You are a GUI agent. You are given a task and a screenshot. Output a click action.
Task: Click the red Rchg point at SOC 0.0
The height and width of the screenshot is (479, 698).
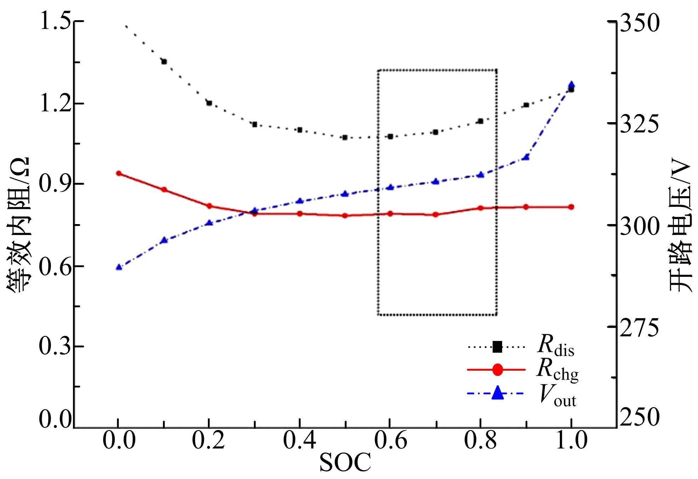(x=119, y=173)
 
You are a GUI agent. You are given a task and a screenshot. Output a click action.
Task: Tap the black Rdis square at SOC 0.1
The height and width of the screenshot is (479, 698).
(x=164, y=62)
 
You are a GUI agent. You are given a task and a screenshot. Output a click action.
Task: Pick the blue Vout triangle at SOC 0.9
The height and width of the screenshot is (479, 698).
(x=526, y=157)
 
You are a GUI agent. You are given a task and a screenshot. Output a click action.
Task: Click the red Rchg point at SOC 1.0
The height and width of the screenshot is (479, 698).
(x=571, y=207)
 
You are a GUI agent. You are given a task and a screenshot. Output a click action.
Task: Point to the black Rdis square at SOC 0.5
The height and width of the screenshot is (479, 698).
(x=345, y=137)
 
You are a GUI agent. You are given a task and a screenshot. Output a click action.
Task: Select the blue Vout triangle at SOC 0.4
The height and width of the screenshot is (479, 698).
(x=300, y=201)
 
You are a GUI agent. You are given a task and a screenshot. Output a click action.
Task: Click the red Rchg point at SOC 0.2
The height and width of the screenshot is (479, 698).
(x=209, y=206)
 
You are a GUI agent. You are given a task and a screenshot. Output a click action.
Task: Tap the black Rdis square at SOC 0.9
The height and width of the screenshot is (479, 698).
(x=526, y=105)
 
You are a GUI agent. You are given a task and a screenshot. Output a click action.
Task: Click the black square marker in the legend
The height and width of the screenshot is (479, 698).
(x=497, y=347)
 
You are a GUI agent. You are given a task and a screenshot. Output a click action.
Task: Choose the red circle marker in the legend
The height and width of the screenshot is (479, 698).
(x=497, y=370)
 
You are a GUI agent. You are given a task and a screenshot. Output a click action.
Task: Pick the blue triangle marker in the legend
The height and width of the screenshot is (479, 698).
(x=497, y=393)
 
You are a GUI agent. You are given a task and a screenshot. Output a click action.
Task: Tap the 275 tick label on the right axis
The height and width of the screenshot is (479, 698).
(x=639, y=327)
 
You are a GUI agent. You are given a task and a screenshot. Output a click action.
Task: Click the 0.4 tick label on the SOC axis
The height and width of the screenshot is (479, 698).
(x=299, y=441)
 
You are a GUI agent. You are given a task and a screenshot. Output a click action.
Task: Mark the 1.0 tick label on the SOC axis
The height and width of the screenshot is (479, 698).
(x=571, y=441)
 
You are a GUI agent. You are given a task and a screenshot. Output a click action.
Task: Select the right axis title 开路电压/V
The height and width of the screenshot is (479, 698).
(x=680, y=227)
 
